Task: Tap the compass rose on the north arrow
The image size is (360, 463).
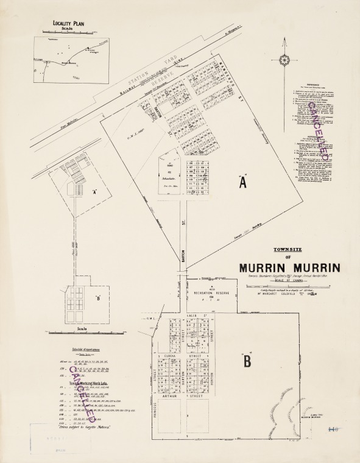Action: [x=284, y=60]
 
